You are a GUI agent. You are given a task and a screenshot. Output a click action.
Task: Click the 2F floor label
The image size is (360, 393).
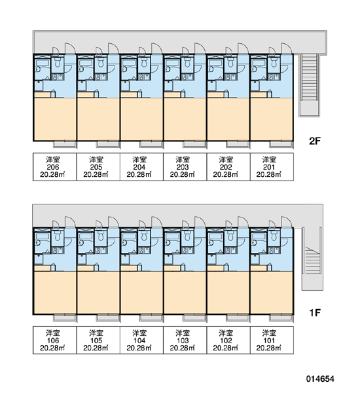tap(315, 141)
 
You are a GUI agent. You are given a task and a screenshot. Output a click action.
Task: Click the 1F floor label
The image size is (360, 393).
tap(315, 313)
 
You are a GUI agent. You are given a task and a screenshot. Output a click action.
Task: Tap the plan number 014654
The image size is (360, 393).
tap(320, 379)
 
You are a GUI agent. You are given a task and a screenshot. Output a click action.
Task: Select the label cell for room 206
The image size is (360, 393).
tap(54, 166)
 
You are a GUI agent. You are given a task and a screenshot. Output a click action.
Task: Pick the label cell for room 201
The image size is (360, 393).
tap(272, 166)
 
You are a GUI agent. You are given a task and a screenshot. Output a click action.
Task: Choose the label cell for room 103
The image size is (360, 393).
tap(185, 340)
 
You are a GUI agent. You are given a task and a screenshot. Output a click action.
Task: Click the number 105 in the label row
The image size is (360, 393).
tap(96, 341)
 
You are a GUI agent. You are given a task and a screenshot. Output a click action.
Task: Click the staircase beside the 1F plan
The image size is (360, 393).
tap(312, 259)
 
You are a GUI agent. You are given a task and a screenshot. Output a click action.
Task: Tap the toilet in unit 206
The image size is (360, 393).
tap(58, 62)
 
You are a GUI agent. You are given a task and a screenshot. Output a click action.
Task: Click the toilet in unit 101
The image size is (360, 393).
tap(274, 236)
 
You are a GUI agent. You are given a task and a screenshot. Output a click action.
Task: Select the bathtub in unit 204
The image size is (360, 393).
tap(128, 63)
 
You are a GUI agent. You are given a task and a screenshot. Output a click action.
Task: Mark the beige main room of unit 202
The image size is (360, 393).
tap(228, 119)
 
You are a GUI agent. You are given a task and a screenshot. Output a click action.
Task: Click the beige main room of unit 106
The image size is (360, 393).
tap(55, 293)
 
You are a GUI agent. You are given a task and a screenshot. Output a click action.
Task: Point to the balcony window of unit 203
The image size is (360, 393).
tap(194, 144)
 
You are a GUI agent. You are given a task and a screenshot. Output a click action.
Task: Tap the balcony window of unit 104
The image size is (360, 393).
tap(151, 318)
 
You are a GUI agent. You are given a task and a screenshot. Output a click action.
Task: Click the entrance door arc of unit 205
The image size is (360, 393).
tap(114, 48)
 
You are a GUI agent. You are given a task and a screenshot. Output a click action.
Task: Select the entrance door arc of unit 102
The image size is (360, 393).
tap(243, 221)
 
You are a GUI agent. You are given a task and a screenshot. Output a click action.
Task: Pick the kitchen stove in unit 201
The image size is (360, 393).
tap(274, 77)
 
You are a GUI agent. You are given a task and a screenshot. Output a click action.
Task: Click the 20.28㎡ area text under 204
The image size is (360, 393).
tap(139, 174)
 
